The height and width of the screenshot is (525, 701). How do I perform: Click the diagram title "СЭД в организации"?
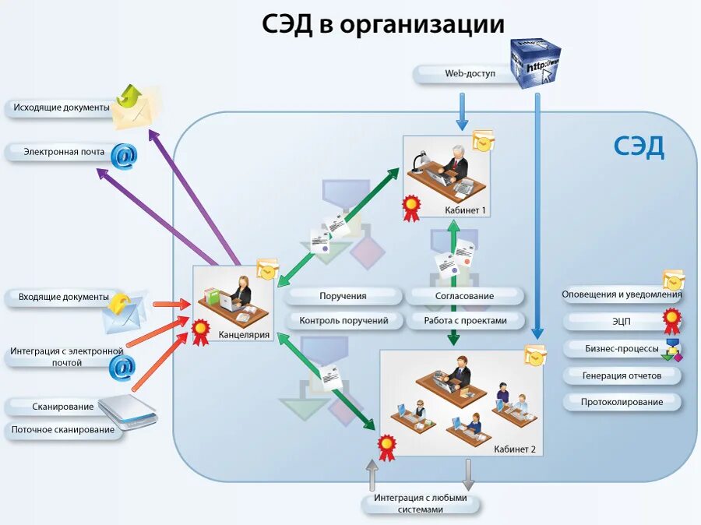pyautogui.click(x=382, y=24)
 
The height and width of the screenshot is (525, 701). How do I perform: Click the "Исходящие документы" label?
pyautogui.click(x=62, y=107)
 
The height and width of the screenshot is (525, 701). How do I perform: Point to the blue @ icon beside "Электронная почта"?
pyautogui.click(x=123, y=156)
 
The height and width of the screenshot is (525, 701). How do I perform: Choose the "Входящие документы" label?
pyautogui.click(x=63, y=297)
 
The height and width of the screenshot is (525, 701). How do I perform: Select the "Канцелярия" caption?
pyautogui.click(x=244, y=335)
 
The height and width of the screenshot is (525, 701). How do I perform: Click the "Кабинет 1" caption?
pyautogui.click(x=465, y=210)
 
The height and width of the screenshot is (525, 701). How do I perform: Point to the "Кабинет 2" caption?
pyautogui.click(x=515, y=449)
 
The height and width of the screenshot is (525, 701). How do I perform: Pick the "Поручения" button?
pyautogui.click(x=343, y=296)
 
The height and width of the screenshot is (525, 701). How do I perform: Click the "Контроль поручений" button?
pyautogui.click(x=343, y=320)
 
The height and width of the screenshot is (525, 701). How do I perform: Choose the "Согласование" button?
pyautogui.click(x=464, y=296)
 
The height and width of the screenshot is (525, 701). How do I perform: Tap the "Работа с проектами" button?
pyautogui.click(x=465, y=320)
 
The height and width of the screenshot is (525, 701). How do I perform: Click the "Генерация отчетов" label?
pyautogui.click(x=622, y=375)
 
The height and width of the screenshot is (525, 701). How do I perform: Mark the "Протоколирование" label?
pyautogui.click(x=622, y=402)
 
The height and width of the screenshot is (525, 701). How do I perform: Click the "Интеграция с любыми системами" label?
pyautogui.click(x=420, y=503)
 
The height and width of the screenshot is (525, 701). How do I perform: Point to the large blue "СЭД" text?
pyautogui.click(x=639, y=146)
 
